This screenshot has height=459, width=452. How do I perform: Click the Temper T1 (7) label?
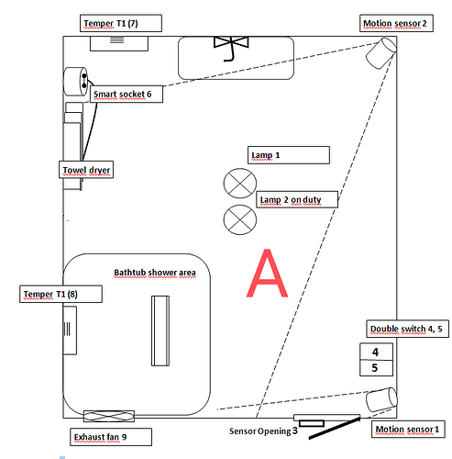pos(121,23)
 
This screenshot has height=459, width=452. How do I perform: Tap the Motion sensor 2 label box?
pos(396,23)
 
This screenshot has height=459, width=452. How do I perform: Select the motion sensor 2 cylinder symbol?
pos(381,53)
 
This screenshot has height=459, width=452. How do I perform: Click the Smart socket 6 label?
pos(127,94)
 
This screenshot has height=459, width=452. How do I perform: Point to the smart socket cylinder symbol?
pos(75,81)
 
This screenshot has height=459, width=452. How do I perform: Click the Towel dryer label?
pos(86,170)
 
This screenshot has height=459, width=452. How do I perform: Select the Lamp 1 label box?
pos(289,155)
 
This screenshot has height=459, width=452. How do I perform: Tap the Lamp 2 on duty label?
pos(297,199)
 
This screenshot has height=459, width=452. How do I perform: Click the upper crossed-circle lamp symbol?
pos(240,184)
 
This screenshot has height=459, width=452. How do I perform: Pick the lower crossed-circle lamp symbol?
pos(240,219)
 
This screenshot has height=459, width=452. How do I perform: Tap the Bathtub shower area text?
pos(155,273)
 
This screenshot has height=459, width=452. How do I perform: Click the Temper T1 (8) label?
pos(61,294)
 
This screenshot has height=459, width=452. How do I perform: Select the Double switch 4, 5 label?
pos(407,329)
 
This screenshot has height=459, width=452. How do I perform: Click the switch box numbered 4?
pos(376,352)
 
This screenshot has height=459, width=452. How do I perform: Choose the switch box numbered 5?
pos(376,368)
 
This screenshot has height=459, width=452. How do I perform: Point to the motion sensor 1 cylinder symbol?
pos(381,399)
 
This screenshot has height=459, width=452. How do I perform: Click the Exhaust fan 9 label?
pos(111,437)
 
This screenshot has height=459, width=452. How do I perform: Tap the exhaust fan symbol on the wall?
pos(109,416)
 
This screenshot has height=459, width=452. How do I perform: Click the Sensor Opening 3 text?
pos(263,431)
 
